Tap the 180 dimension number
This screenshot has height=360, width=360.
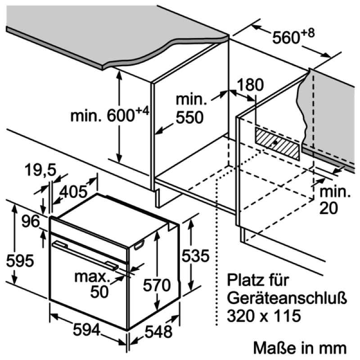coord(250,85)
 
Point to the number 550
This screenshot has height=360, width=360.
coord(189,117)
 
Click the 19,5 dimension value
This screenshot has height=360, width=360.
coord(40,170)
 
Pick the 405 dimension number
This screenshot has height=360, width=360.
coord(73,192)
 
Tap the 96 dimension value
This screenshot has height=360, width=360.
coord(31,221)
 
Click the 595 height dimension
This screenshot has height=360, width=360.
coord(20,261)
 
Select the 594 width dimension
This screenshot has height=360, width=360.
coord(87,329)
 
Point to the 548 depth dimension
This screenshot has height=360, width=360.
coord(158,332)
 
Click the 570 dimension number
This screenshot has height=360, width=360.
coord(157,285)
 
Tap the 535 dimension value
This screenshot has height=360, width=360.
coord(196,256)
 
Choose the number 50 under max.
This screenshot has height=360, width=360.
coord(99,292)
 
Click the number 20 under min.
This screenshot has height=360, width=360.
coord(328,208)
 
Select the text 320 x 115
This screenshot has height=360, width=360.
coord(264,315)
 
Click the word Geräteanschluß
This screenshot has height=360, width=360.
coord(287,298)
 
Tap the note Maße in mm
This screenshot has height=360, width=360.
coord(300,348)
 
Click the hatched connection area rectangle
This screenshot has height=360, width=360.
coord(277,144)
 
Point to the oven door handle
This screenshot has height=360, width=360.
coord(85,255)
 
